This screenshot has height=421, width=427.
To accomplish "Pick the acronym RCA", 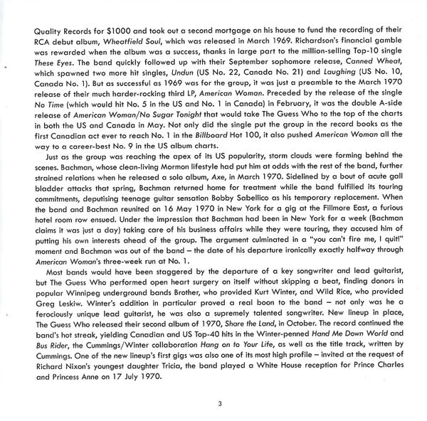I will tap(28, 46).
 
